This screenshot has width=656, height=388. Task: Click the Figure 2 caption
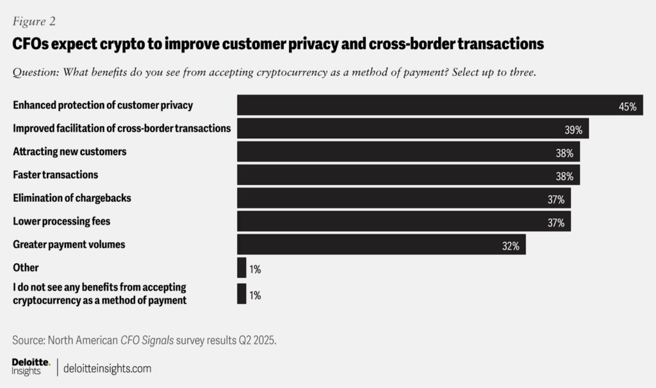coord(34,21)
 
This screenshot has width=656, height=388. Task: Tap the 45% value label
coord(627,107)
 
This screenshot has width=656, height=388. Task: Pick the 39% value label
coord(573,130)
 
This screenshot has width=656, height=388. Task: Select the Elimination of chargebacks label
coord(72,198)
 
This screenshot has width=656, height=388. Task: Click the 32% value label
coord(510,246)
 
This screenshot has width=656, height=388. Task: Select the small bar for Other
coord(242,268)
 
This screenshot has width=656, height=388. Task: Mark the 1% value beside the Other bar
coord(255,270)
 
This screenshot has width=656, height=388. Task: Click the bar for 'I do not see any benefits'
coord(242,294)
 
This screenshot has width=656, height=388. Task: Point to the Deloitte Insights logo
coord(31,367)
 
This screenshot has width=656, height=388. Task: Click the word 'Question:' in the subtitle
coord(35,72)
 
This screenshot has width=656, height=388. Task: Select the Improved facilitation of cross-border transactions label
coord(122,128)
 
